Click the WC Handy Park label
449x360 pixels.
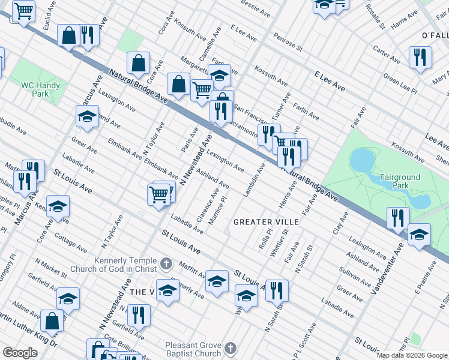tap(40, 89)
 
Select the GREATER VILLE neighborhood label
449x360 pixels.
tap(266, 222)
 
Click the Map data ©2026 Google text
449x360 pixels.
tap(411, 355)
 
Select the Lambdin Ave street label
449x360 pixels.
tap(255, 179)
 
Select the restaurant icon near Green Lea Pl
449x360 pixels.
tap(420, 57)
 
